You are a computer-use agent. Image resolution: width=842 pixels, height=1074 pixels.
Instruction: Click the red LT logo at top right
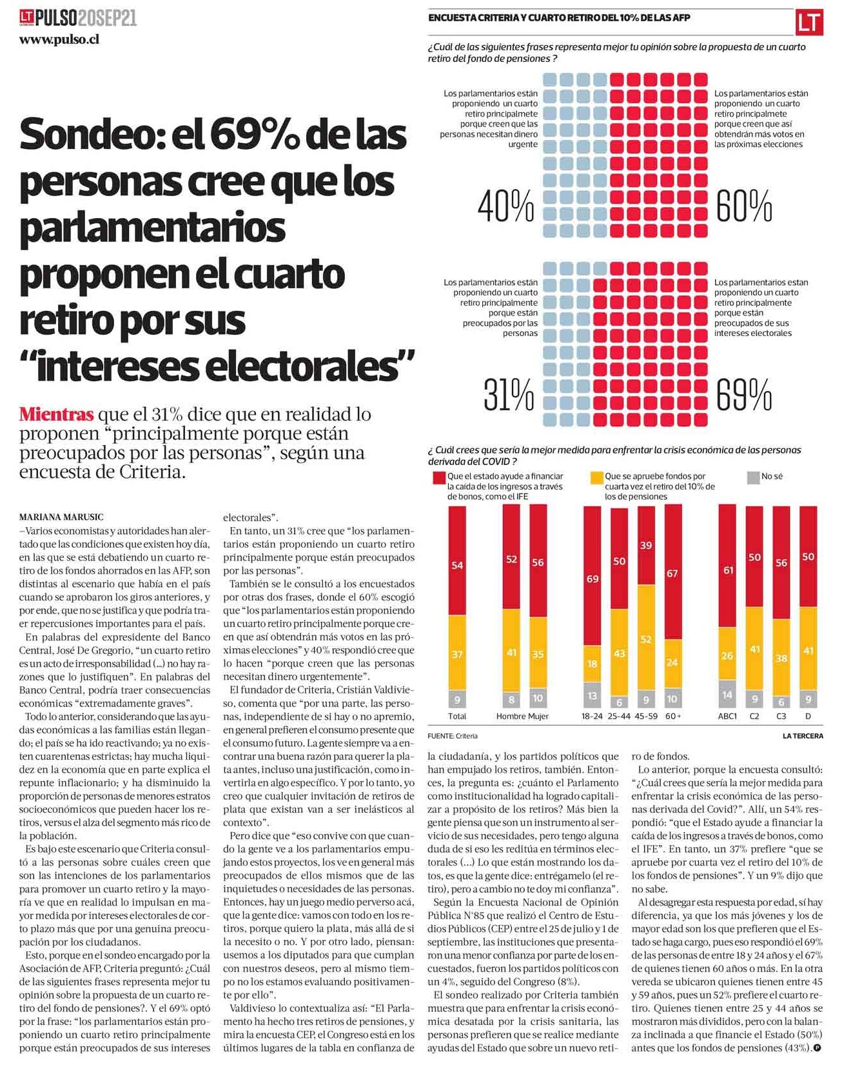pos(808,23)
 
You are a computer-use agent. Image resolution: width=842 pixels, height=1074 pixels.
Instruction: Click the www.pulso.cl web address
pos(59,40)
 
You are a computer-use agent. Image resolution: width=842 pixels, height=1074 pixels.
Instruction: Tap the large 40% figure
pos(506,206)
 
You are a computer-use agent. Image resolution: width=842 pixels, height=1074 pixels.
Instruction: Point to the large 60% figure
pos(744,206)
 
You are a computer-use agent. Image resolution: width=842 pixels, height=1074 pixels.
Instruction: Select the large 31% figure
pos(509,395)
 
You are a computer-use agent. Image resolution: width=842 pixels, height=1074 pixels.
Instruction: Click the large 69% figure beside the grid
pos(744,395)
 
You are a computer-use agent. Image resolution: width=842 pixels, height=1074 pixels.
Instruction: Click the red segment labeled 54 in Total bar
pos(457,561)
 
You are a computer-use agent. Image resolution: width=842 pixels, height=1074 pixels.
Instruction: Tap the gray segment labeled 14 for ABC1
pos(727,694)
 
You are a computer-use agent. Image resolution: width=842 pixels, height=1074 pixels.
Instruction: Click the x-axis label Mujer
pos(538,716)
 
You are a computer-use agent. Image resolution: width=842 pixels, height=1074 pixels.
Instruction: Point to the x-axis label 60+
pos(673,716)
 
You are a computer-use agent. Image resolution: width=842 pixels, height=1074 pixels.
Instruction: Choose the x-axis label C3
pos(781,716)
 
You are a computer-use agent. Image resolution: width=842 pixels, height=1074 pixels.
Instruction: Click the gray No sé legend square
pos(752,478)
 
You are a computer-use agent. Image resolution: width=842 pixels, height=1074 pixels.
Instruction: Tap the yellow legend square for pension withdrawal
pos(596,478)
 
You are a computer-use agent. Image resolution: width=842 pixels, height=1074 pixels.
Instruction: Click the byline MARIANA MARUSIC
pos(61,517)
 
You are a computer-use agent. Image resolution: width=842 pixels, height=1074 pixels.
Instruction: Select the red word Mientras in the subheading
pos(57,413)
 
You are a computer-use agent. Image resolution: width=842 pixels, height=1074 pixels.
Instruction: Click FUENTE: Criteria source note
pos(453,736)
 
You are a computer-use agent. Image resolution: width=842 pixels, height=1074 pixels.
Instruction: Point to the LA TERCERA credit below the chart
pos(803,736)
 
